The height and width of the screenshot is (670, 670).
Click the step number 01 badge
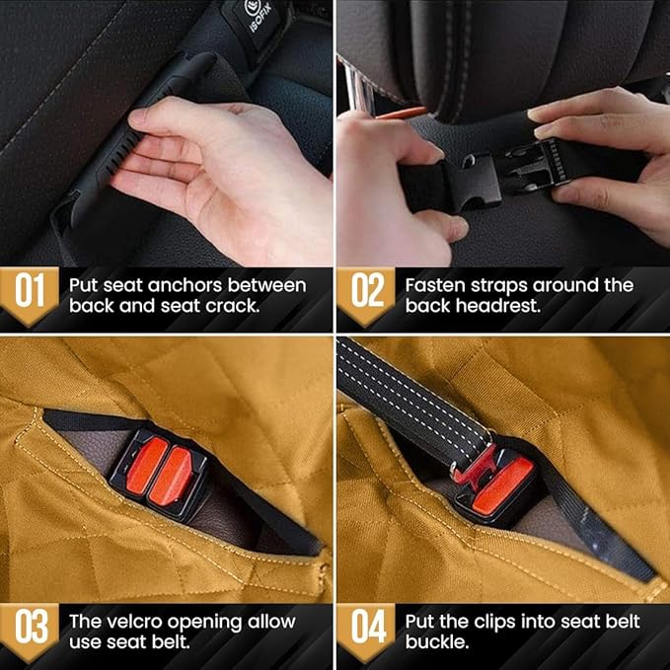tap(30, 293)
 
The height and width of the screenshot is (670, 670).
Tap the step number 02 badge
tap(367, 293)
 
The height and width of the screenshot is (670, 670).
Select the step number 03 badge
tap(30, 631)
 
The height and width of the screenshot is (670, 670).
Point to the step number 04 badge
tap(367, 631)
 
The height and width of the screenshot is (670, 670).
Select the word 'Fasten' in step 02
tap(436, 285)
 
